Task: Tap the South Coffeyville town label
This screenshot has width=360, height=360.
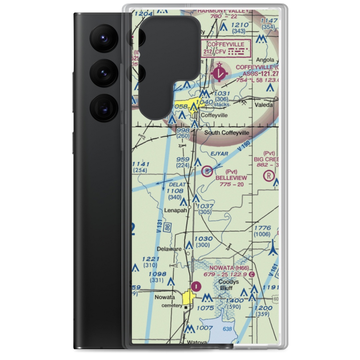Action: (x=226, y=133)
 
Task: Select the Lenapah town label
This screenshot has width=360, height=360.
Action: (x=175, y=211)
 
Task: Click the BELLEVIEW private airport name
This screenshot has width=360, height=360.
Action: (x=231, y=178)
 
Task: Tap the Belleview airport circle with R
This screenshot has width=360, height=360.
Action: (x=207, y=171)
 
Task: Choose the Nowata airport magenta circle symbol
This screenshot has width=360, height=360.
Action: (x=195, y=287)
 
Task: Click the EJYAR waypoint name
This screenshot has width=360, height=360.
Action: (x=219, y=154)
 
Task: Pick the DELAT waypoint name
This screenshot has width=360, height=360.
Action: (x=177, y=185)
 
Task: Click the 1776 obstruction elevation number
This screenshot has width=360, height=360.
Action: (x=262, y=228)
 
